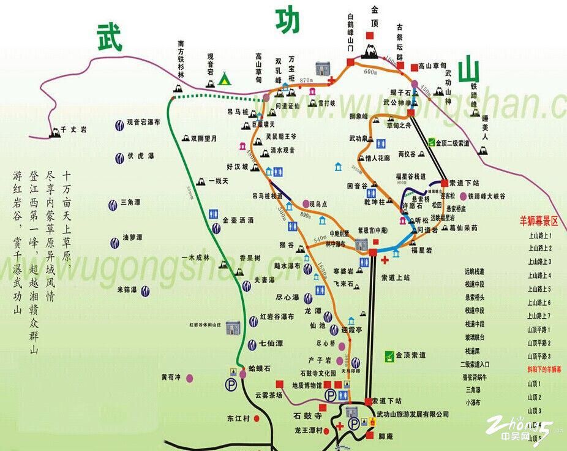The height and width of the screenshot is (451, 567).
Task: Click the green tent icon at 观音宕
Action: point(225,78)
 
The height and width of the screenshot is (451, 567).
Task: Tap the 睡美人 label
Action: point(484,127)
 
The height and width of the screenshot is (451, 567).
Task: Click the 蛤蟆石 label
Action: point(260,369)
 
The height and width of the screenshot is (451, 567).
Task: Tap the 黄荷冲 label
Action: point(172,377)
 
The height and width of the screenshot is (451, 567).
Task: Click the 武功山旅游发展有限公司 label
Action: point(413,415)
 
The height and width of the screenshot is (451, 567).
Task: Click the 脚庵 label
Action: point(385,436)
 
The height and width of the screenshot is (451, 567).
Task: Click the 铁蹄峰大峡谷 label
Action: point(487,196)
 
